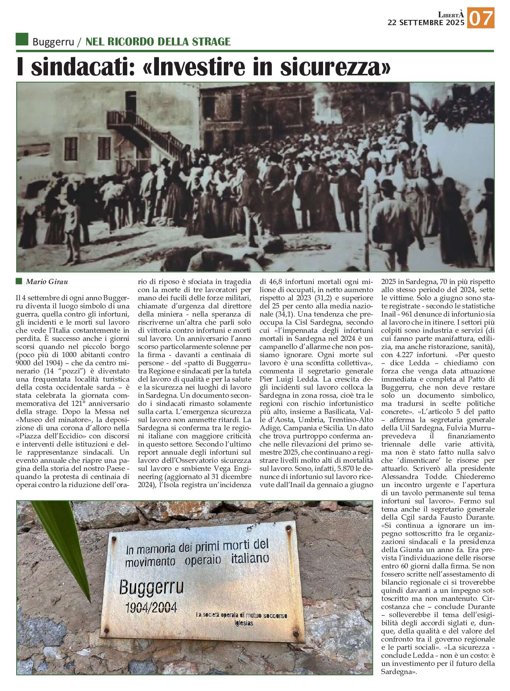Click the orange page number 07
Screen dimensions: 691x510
481,18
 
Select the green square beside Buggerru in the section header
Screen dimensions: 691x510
22,40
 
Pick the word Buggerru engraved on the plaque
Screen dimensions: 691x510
151,587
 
